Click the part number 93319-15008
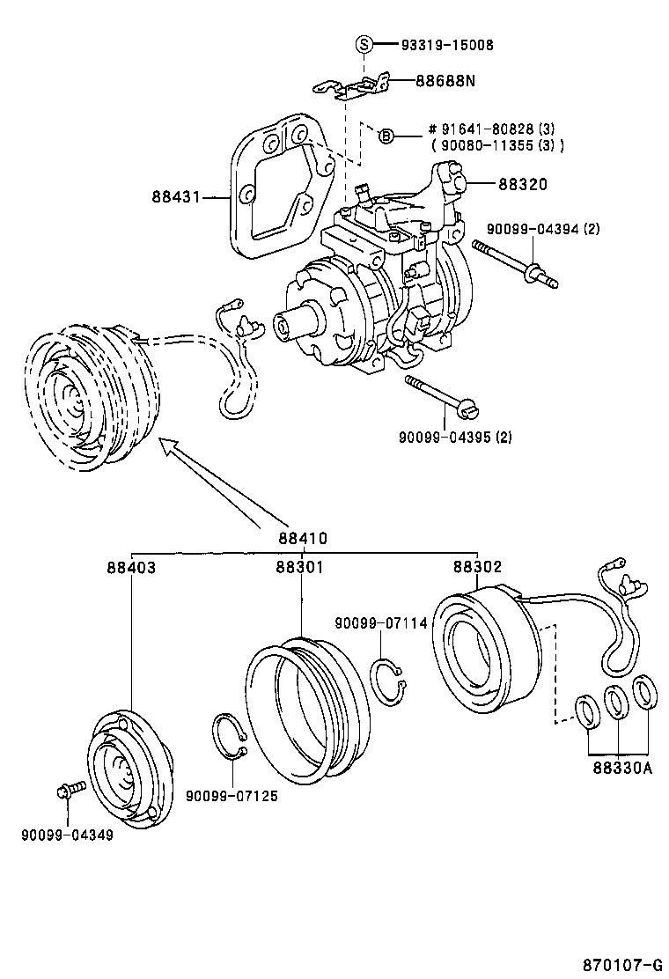(446, 44)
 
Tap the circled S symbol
(364, 44)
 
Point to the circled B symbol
(386, 136)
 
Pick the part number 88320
(522, 184)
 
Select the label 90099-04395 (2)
(455, 437)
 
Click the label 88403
(131, 568)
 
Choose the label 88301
(299, 568)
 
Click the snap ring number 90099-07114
(380, 623)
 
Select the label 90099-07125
(232, 796)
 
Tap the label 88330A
(621, 767)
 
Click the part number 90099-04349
(67, 834)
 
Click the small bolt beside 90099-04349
(69, 789)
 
